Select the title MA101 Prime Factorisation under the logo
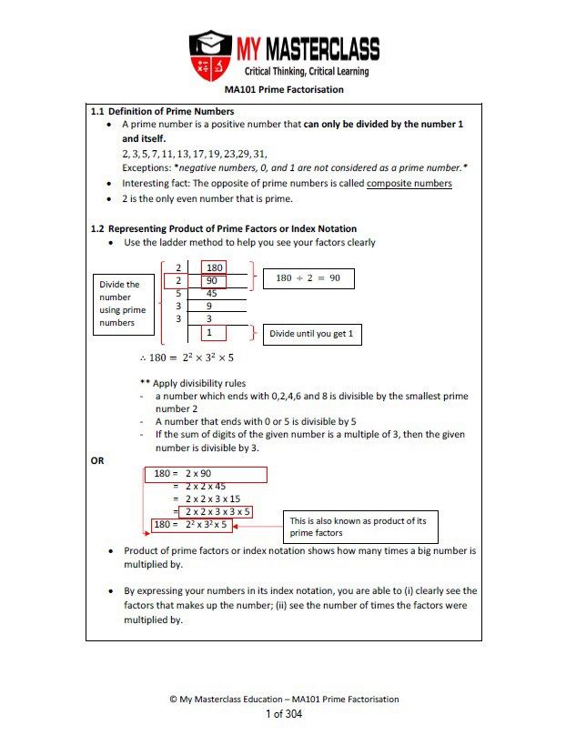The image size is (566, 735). pos(284,90)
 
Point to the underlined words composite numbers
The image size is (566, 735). pos(409,183)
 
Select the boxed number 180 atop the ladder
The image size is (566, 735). pos(215,267)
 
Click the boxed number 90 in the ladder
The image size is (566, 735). pos(212,281)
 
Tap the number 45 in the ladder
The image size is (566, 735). pos(212,294)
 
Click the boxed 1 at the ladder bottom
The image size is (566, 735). pos(210,333)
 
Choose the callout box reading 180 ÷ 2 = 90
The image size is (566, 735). pos(308,278)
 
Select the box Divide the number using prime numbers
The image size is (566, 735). pos(125,304)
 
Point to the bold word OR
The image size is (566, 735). pos(97,461)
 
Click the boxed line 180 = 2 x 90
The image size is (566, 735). pos(206,474)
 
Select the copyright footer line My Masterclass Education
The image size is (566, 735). pos(284,699)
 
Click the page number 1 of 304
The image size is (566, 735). pos(283,714)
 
